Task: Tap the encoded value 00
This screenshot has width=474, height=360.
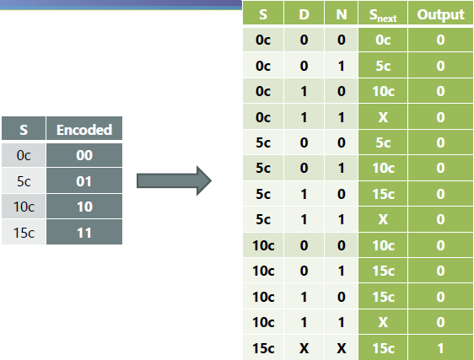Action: click(x=84, y=155)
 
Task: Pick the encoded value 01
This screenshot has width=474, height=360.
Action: click(x=84, y=180)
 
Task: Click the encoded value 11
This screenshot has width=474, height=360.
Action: click(x=84, y=231)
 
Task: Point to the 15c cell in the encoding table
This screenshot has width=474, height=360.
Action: click(x=24, y=231)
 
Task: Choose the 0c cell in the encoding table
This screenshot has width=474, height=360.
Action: click(x=24, y=155)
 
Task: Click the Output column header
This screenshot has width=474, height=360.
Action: click(x=440, y=14)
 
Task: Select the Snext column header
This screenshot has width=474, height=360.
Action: click(x=383, y=14)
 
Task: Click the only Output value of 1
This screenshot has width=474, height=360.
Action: click(x=440, y=347)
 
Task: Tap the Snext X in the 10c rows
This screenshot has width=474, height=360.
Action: click(x=383, y=322)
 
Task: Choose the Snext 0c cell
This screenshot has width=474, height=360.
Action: click(x=383, y=39)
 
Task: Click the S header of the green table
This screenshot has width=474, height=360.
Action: click(x=263, y=14)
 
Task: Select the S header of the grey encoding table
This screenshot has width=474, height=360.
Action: click(x=24, y=130)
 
